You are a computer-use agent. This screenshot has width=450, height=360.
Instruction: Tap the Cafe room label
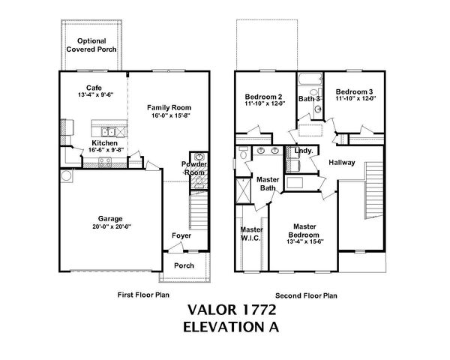tap(94, 87)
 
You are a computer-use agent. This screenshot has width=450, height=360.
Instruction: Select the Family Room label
tap(167, 109)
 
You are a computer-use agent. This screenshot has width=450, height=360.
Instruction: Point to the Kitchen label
tap(103, 142)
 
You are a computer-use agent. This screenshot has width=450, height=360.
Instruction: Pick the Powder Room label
tap(194, 168)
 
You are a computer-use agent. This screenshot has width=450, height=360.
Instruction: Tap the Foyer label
tap(181, 235)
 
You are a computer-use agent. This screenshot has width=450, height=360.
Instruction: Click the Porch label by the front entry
tap(184, 265)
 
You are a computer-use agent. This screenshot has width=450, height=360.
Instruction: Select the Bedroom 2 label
tap(264, 97)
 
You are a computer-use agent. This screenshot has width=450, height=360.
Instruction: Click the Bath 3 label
tap(309, 98)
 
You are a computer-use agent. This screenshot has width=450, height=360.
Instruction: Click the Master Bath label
tap(268, 184)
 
